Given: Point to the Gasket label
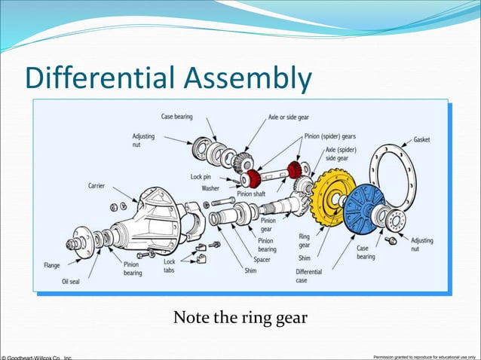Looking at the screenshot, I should point(421,140).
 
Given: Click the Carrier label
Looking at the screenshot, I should point(96,185).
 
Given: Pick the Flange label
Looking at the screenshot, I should point(51,265).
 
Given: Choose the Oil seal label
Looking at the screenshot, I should point(72,281).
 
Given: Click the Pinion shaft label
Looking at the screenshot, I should point(251,194).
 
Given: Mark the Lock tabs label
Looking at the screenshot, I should point(170,266).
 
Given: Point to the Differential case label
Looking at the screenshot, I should point(309,276).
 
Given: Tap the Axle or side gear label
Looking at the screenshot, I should point(293,117).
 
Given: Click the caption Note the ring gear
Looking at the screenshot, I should point(240,319).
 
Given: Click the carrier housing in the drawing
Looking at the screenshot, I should point(155,222).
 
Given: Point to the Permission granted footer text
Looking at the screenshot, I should point(425,355).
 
